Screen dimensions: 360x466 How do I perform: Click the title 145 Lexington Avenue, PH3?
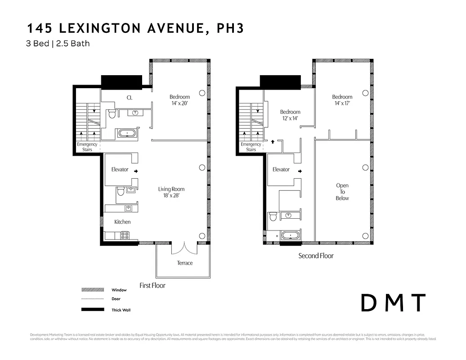(135, 29)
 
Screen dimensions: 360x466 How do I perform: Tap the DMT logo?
(394, 303)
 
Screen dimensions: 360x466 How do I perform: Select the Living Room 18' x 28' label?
(171, 192)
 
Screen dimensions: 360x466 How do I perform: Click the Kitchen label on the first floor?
(122, 222)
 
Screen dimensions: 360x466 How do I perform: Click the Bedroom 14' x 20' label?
(179, 100)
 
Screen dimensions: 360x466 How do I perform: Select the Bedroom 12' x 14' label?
(290, 115)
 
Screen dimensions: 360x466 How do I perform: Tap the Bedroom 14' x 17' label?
(342, 100)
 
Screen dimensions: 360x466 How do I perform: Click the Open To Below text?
(342, 192)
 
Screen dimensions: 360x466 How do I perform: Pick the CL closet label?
(129, 98)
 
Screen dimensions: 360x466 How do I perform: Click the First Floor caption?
(152, 285)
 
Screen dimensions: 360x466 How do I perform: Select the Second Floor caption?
(316, 256)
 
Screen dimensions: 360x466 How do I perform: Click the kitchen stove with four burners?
(125, 235)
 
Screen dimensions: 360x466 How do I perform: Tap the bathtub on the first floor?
(128, 134)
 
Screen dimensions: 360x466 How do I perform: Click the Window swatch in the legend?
(93, 290)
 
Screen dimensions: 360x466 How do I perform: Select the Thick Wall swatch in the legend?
(93, 310)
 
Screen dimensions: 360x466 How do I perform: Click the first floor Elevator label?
(120, 170)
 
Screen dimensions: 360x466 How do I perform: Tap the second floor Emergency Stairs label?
(251, 147)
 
